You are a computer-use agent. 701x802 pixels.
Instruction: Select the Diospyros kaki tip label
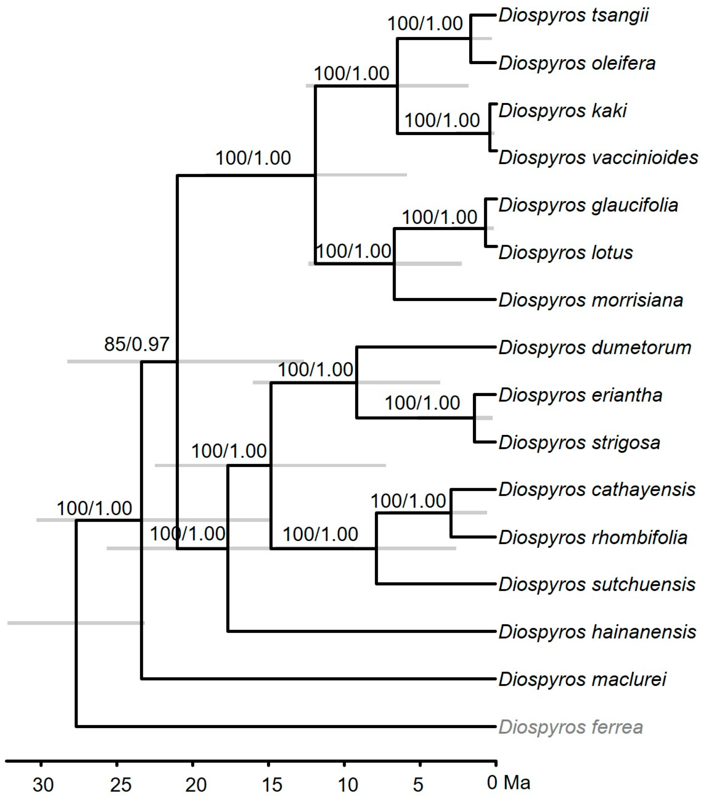click(562, 111)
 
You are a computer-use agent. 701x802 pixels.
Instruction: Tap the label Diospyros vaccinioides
click(598, 158)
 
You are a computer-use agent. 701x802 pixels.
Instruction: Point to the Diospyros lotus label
click(566, 253)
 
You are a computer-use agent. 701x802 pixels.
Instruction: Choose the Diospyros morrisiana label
click(591, 300)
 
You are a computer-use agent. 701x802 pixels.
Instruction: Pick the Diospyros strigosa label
click(579, 443)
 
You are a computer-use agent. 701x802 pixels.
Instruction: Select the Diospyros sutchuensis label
click(597, 584)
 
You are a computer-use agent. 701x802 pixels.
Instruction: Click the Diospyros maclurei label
click(583, 680)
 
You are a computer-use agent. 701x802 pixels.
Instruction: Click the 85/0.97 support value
click(137, 345)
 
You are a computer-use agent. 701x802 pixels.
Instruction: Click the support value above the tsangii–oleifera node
click(425, 24)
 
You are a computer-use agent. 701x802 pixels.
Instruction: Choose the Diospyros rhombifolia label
click(593, 538)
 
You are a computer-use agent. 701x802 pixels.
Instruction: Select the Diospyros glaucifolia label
click(588, 206)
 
